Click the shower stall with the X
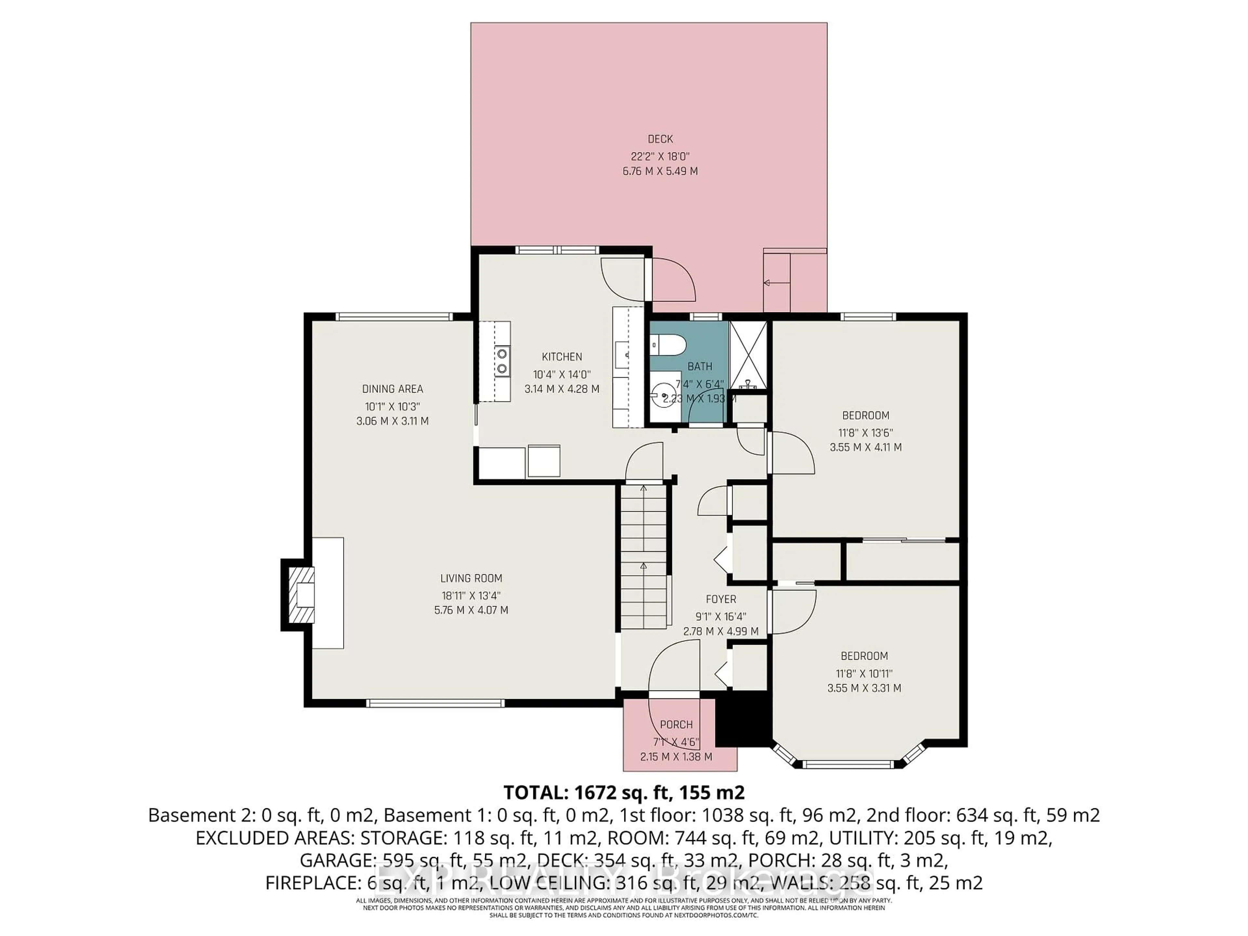pyautogui.click(x=748, y=356)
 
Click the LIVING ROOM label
pyautogui.click(x=471, y=578)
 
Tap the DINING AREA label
pyautogui.click(x=392, y=389)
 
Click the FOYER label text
pyautogui.click(x=721, y=599)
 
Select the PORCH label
pyautogui.click(x=676, y=724)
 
